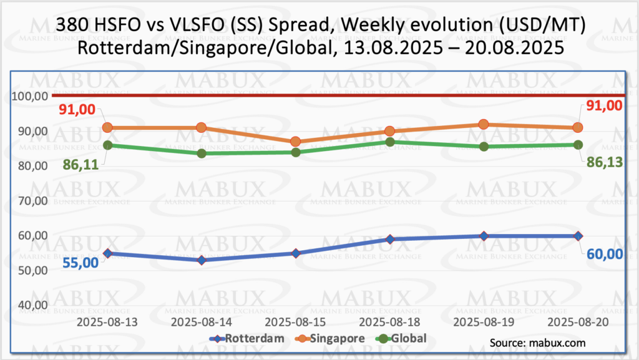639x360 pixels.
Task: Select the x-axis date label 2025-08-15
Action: tap(295, 323)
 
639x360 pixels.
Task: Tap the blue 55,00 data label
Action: tap(80, 262)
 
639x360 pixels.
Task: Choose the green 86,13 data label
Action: tap(603, 160)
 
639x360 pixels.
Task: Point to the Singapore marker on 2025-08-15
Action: tap(295, 142)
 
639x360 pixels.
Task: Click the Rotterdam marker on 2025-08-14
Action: tap(202, 260)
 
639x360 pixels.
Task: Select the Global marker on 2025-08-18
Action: tap(389, 142)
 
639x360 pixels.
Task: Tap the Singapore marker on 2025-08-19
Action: tap(484, 125)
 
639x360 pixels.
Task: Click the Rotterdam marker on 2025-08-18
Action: tap(389, 239)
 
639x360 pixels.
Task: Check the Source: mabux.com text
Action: tap(538, 343)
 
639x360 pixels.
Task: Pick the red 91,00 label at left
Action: tap(77, 110)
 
